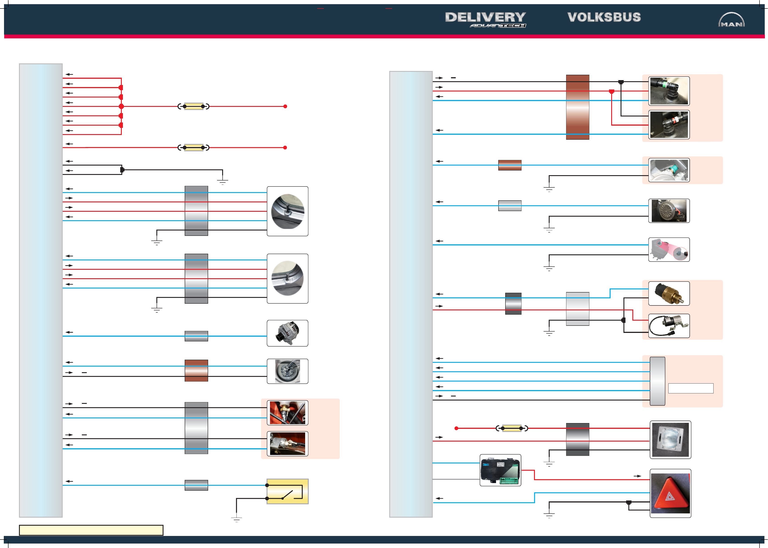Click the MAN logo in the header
731,20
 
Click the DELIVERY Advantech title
485,19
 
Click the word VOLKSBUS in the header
604,17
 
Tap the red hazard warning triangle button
670,493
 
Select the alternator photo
287,333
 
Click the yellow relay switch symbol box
287,491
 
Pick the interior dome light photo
670,440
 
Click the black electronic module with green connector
500,470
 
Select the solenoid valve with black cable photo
669,326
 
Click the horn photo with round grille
669,211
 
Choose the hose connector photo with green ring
669,91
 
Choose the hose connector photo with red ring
669,125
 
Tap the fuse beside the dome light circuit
512,428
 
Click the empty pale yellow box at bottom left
91,530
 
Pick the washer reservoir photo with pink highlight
669,250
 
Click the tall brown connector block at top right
578,107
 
